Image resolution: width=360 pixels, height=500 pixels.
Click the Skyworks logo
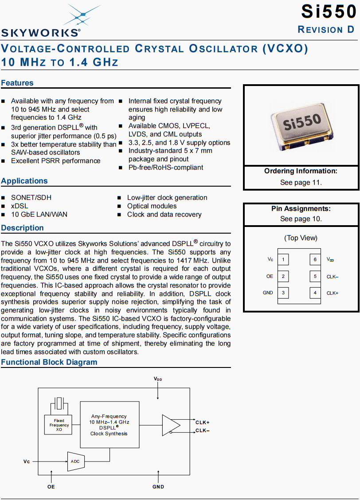pyautogui.click(x=41, y=22)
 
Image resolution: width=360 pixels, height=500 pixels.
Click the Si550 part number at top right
pyautogui.click(x=328, y=12)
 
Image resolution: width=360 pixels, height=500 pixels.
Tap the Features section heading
pyautogui.click(x=17, y=83)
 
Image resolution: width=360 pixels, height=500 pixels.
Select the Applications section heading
pyautogui.click(x=24, y=181)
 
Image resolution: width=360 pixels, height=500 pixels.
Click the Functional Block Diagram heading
pyautogui.click(x=49, y=362)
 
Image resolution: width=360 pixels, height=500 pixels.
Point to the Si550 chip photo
pyautogui.click(x=301, y=124)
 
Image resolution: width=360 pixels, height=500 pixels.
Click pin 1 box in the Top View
pyautogui.click(x=283, y=259)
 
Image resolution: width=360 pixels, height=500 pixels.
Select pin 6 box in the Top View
pyautogui.click(x=315, y=259)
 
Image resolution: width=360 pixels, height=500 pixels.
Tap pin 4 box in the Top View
pyautogui.click(x=315, y=293)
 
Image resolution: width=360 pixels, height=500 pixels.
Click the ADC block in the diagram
pyautogui.click(x=76, y=461)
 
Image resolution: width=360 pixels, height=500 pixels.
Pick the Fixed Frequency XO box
pyautogui.click(x=59, y=425)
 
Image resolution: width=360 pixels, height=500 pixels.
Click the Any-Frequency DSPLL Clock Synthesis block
pyautogui.click(x=109, y=425)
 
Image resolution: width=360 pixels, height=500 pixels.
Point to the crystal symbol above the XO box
pyautogui.click(x=59, y=405)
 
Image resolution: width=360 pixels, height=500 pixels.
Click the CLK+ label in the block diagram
pyautogui.click(x=203, y=422)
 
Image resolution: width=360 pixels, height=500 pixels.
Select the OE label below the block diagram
pyautogui.click(x=51, y=487)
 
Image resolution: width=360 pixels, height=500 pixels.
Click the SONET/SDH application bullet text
pyautogui.click(x=31, y=198)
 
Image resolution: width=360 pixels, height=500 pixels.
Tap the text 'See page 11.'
pyautogui.click(x=301, y=182)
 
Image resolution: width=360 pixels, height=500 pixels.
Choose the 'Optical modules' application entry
pyautogui.click(x=152, y=206)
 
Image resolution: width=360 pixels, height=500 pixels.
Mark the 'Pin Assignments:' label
pyautogui.click(x=301, y=209)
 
